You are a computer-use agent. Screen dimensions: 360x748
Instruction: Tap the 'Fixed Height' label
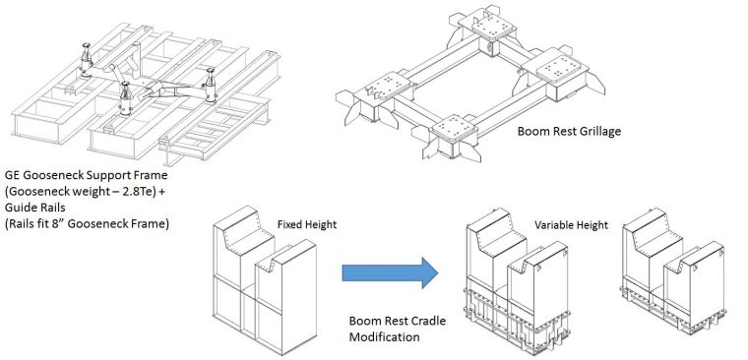point(307,225)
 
